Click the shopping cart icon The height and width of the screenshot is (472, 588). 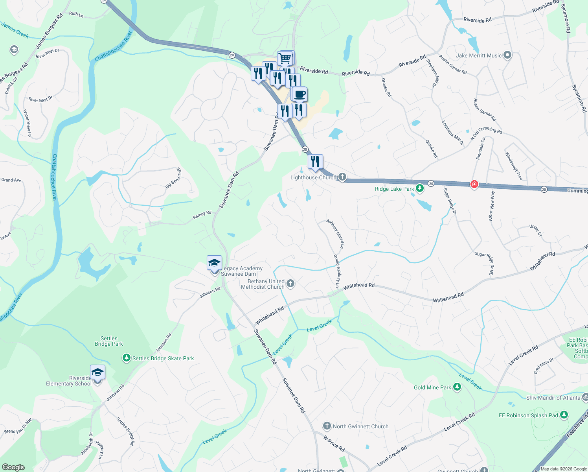285,58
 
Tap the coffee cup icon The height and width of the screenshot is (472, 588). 300,94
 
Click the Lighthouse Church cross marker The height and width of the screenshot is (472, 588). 342,177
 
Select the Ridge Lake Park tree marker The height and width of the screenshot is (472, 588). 420,188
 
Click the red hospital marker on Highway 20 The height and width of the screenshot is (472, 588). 474,184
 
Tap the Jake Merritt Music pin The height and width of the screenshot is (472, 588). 507,55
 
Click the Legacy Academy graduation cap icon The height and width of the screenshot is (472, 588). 214,263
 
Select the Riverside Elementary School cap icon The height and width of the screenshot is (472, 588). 97,372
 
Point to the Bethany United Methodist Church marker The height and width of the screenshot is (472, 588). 290,283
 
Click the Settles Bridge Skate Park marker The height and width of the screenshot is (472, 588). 126,358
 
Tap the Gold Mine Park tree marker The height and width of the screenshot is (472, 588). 457,387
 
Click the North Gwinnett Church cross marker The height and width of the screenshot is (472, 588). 327,426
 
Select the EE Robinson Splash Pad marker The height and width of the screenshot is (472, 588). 564,415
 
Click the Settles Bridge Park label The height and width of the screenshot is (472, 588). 109,341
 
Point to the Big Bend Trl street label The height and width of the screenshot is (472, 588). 174,178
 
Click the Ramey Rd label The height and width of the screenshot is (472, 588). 202,215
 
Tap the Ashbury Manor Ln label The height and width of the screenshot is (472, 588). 335,234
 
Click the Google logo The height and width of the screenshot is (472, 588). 13,467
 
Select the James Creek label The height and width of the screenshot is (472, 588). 15,30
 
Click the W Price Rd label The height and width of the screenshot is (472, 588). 334,443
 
